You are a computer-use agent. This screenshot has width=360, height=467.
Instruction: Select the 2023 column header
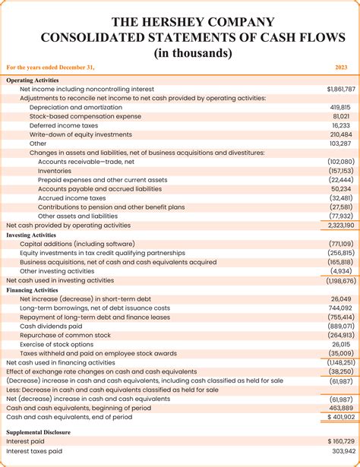pyautogui.click(x=341, y=68)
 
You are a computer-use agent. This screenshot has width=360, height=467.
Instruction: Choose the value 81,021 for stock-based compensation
pyautogui.click(x=342, y=116)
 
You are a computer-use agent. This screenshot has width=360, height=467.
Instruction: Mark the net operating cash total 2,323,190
pyautogui.click(x=338, y=226)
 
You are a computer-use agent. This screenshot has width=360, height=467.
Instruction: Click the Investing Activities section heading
pyautogui.click(x=31, y=235)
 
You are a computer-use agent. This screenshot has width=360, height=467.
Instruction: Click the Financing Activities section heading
pyautogui.click(x=33, y=290)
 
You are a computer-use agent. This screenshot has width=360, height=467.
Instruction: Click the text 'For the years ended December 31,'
pyautogui.click(x=50, y=68)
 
